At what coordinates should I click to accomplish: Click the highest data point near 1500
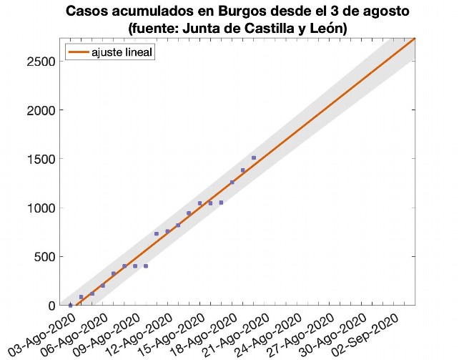(254, 157)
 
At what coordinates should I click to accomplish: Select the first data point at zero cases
(70, 305)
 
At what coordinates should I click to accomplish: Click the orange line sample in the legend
(77, 52)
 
